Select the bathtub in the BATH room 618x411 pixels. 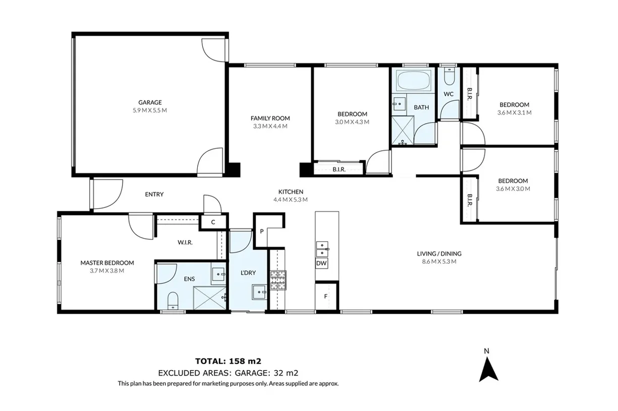[x=414, y=81]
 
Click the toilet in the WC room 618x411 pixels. [x=449, y=77]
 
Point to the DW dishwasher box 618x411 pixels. [x=321, y=263]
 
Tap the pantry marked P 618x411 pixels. [x=262, y=231]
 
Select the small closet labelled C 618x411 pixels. [x=213, y=222]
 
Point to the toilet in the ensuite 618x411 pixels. [x=172, y=300]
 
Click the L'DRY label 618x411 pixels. [x=248, y=273]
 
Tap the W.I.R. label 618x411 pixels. [x=185, y=242]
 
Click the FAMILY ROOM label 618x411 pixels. [x=270, y=118]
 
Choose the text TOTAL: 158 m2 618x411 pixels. [x=228, y=361]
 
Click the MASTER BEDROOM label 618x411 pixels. [x=107, y=263]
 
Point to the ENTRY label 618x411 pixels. [x=154, y=194]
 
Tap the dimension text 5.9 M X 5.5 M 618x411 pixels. [x=150, y=110]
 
